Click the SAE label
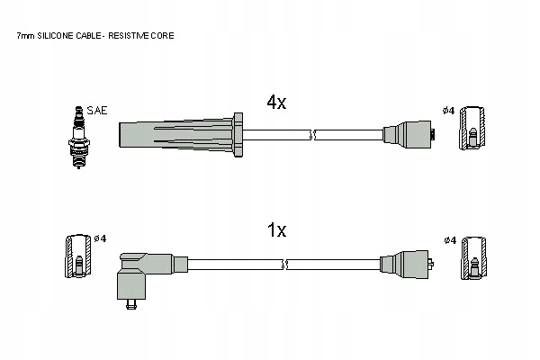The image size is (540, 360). click(98, 111)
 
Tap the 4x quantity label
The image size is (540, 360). click(275, 103)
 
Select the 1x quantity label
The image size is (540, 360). click(275, 230)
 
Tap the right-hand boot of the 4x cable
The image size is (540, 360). click(409, 135)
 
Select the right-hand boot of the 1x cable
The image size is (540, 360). click(409, 264)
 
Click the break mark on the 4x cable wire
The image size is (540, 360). click(313, 135)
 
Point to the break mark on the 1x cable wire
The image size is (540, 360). click(286, 264)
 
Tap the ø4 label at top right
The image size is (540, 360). click(448, 111)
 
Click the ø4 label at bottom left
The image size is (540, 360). click(100, 238)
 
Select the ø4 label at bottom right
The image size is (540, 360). click(449, 239)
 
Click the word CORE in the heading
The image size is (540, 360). click(163, 36)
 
